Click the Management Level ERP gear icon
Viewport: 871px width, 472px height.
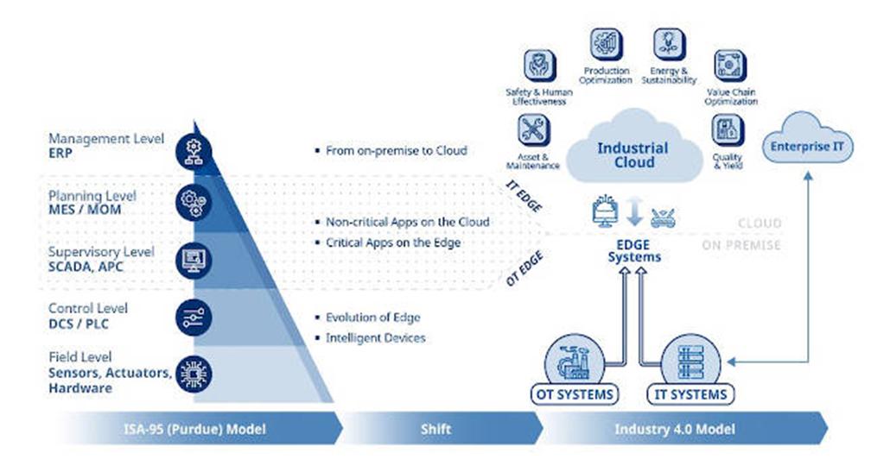(x=194, y=151)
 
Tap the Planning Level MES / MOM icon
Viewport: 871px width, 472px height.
(x=194, y=203)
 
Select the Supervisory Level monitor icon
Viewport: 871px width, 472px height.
(x=194, y=261)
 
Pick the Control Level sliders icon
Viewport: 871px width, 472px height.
(x=194, y=318)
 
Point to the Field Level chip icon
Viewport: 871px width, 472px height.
(x=194, y=374)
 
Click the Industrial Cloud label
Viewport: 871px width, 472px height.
(x=633, y=154)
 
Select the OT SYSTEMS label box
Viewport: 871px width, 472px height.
(x=575, y=394)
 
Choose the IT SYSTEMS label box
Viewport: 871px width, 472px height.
(x=690, y=394)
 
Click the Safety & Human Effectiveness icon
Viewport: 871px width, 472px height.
(x=539, y=66)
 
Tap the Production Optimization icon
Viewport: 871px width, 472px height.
(x=606, y=44)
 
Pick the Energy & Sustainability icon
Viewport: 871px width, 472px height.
(x=670, y=44)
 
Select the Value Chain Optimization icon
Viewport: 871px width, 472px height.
(x=730, y=66)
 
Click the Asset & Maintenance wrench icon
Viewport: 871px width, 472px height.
(x=533, y=130)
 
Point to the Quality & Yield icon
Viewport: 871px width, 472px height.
(x=728, y=130)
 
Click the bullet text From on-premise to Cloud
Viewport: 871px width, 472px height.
(x=396, y=150)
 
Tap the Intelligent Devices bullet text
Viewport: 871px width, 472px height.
(x=376, y=337)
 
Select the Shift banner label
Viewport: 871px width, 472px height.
(x=435, y=429)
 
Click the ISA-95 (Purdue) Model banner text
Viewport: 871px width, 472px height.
(x=194, y=429)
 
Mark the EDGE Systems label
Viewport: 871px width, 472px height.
(x=634, y=251)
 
